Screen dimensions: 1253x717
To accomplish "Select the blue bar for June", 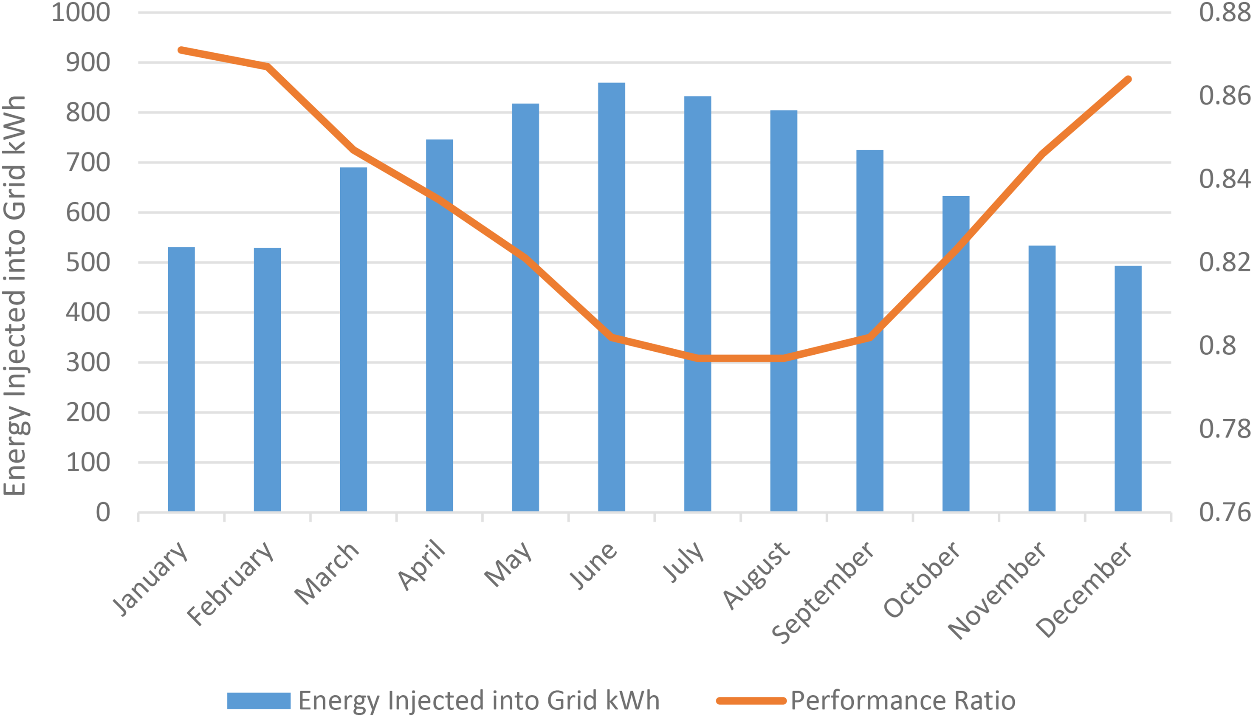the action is (x=612, y=297).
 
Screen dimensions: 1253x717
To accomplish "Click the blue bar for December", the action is (x=1128, y=389).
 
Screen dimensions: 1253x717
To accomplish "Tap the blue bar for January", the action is (x=181, y=379).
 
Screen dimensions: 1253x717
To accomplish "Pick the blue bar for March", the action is (x=353, y=339).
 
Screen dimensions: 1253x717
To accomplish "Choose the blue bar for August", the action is (x=784, y=311).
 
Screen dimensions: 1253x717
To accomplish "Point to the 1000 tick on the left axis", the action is (x=81, y=12).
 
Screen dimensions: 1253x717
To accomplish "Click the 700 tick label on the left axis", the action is (x=88, y=163).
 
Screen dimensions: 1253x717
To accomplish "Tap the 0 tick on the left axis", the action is (x=103, y=512).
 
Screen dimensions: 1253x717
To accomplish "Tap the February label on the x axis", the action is (x=230, y=584).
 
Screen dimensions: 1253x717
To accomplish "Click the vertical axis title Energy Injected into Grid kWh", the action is (x=14, y=296).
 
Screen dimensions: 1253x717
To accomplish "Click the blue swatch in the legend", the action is (x=259, y=701).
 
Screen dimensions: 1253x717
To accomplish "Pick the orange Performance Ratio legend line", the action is (x=751, y=701).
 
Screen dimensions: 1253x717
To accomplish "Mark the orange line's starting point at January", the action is (x=181, y=50).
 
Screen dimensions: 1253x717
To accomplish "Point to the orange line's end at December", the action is (x=1129, y=79).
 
